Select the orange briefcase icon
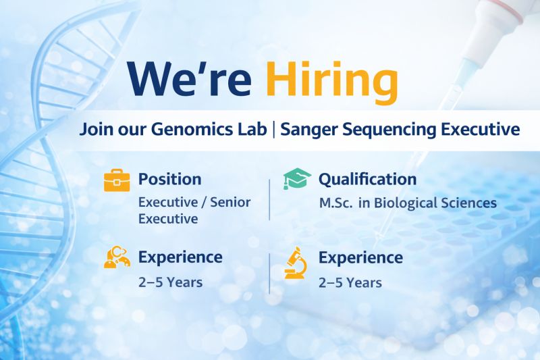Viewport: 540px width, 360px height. point(117,181)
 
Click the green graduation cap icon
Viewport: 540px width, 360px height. point(296,180)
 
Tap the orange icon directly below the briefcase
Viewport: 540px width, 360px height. point(117,258)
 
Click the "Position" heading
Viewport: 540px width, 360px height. point(169,180)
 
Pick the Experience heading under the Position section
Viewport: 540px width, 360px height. point(180,257)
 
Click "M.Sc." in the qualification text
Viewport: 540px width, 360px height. point(334,203)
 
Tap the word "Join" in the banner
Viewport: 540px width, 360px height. point(93,128)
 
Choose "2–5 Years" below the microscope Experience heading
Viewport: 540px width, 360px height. point(350,282)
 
